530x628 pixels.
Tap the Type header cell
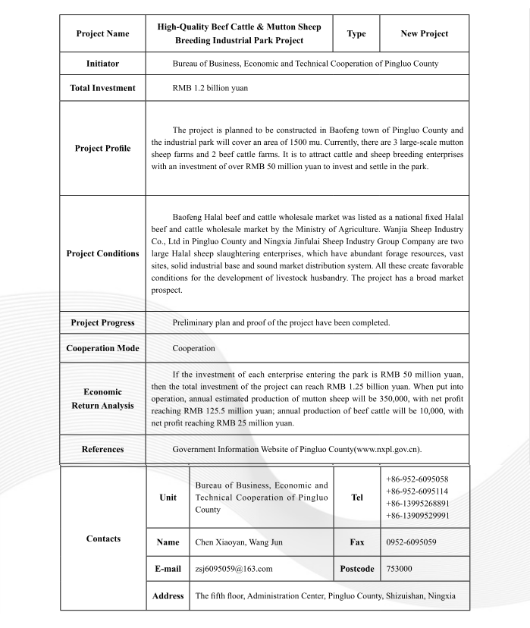(356, 34)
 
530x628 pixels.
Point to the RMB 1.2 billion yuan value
(210, 89)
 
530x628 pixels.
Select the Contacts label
(103, 539)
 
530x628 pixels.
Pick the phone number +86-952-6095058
(417, 479)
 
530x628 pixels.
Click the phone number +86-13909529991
(417, 516)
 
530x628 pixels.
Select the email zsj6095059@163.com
(234, 568)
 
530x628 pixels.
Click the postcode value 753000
(400, 568)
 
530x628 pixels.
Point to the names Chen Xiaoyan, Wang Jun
(242, 543)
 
